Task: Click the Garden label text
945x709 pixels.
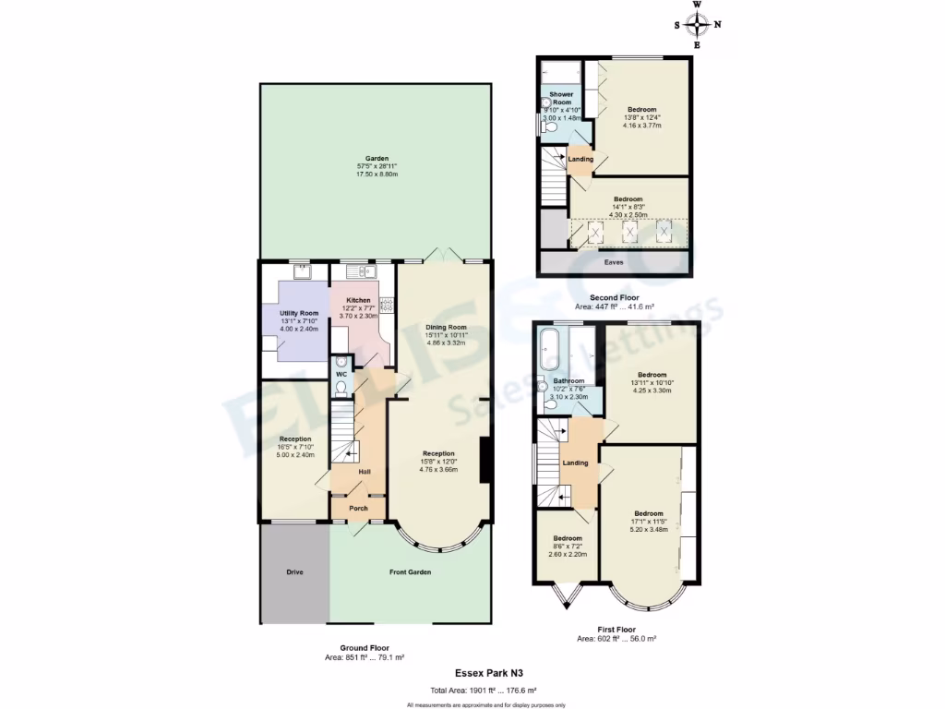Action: click(x=376, y=158)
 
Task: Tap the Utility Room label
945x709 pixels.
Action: click(x=298, y=314)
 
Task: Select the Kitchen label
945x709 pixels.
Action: click(x=358, y=301)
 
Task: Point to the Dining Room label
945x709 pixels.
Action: click(x=445, y=327)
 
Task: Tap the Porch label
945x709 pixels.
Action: click(x=358, y=509)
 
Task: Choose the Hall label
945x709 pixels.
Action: click(x=365, y=472)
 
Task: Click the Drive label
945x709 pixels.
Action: click(x=293, y=572)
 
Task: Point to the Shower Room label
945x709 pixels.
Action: click(x=561, y=98)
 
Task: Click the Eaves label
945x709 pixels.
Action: click(x=614, y=262)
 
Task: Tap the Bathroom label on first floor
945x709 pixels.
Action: click(x=568, y=380)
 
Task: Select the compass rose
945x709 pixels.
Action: click(x=697, y=24)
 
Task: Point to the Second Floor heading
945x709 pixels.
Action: click(x=615, y=297)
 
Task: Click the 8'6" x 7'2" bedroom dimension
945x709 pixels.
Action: click(x=568, y=547)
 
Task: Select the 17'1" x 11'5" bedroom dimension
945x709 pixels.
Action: click(x=648, y=522)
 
